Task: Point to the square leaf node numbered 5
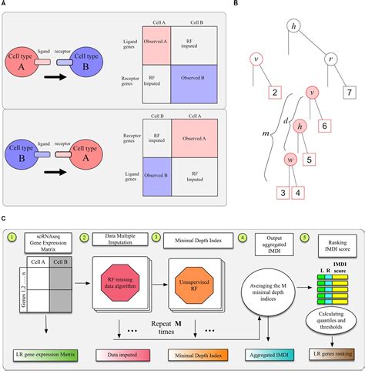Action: click(308, 160)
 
